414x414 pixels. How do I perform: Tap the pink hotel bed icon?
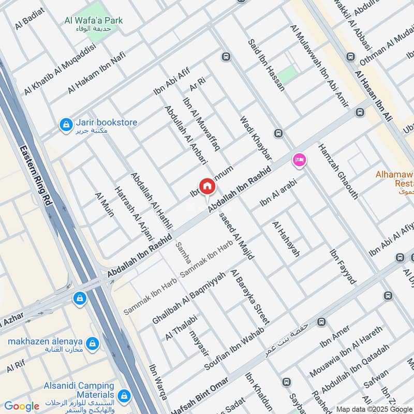[x=299, y=160]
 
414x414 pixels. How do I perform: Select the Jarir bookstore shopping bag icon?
[x=66, y=125]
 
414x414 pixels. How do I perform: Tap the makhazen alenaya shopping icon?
[x=92, y=343]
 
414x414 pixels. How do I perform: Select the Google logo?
[x=21, y=406]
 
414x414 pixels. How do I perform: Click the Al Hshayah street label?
[x=286, y=239]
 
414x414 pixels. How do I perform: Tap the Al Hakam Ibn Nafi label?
[x=97, y=76]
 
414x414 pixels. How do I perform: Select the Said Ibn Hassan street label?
[x=266, y=65]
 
